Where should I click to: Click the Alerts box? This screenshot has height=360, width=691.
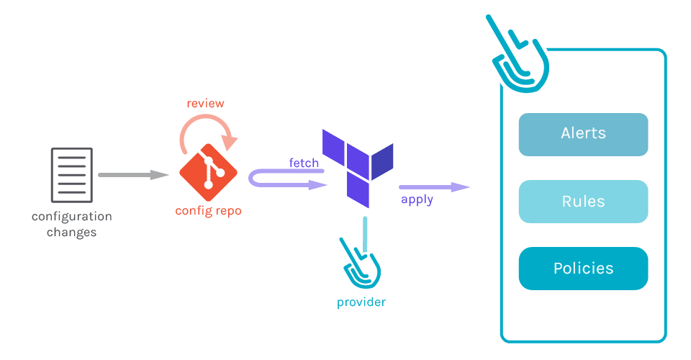pyautogui.click(x=583, y=135)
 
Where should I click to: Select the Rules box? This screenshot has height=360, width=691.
pyautogui.click(x=583, y=202)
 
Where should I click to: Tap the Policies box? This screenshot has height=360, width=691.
pyautogui.click(x=583, y=269)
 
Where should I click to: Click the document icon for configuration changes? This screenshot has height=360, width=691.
pyautogui.click(x=72, y=175)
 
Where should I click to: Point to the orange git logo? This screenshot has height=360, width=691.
pyautogui.click(x=208, y=172)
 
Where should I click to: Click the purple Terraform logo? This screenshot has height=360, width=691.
pyautogui.click(x=356, y=166)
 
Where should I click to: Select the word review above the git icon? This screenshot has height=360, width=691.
pyautogui.click(x=205, y=104)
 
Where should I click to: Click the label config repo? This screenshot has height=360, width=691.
pyautogui.click(x=208, y=211)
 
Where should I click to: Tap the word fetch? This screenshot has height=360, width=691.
pyautogui.click(x=304, y=163)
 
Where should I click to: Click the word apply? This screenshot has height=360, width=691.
pyautogui.click(x=417, y=199)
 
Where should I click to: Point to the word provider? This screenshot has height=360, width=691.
pyautogui.click(x=361, y=302)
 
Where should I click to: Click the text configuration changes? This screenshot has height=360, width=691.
pyautogui.click(x=72, y=224)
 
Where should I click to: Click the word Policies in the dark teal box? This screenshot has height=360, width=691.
pyautogui.click(x=583, y=269)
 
